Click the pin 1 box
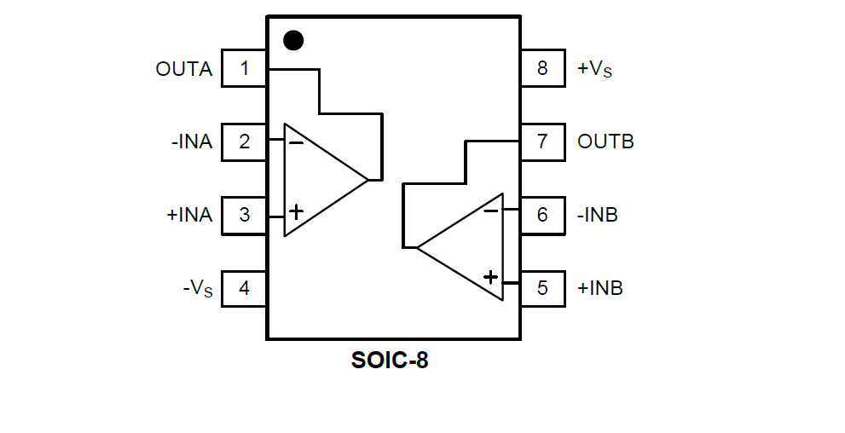click(x=244, y=68)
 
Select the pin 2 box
click(x=244, y=141)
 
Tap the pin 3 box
click(x=244, y=215)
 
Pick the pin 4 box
click(x=244, y=288)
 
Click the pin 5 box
click(x=542, y=288)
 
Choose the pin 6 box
click(x=542, y=215)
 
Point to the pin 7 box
click(x=542, y=141)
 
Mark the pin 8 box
click(x=542, y=68)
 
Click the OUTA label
click(x=184, y=69)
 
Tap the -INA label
click(x=192, y=141)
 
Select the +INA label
click(x=189, y=215)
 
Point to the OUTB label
click(x=605, y=141)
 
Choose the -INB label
click(x=598, y=215)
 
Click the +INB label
click(x=600, y=288)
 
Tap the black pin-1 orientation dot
click(x=293, y=40)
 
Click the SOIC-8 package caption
click(x=390, y=361)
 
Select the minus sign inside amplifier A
click(x=296, y=143)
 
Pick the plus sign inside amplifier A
click(x=296, y=211)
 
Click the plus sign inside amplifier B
click(x=490, y=277)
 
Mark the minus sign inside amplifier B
click(x=491, y=211)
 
